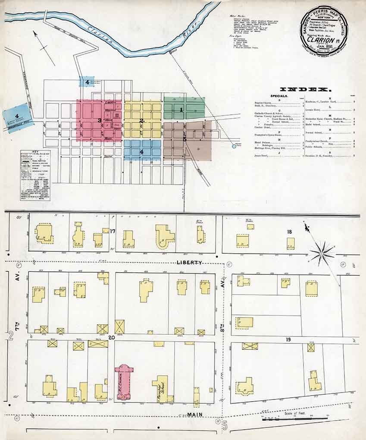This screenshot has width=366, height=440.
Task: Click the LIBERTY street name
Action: coord(189,262)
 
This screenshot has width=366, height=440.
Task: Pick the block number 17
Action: coord(113,231)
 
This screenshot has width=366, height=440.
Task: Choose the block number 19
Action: coord(288,340)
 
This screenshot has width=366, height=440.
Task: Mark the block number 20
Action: coord(111,337)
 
